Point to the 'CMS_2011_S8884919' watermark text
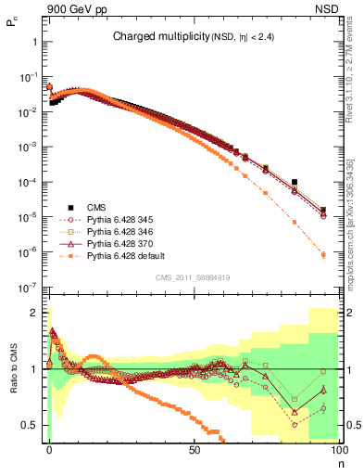pos(193,278)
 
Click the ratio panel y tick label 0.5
pos(31,425)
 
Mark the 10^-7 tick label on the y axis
pos(30,288)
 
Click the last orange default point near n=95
pos(323,254)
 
